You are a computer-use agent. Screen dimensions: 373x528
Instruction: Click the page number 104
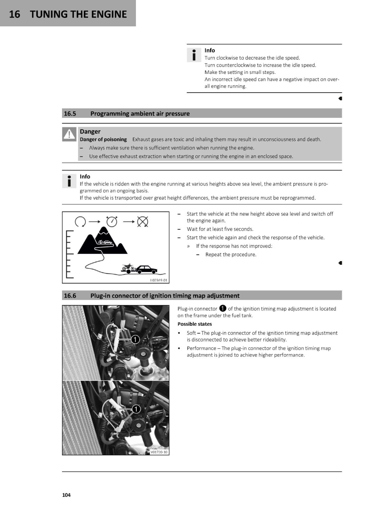(x=66, y=495)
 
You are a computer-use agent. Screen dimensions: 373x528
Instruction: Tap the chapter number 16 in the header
(x=15, y=14)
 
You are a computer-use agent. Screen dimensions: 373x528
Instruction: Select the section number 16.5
(x=70, y=114)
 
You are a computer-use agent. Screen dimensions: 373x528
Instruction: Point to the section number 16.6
(x=70, y=296)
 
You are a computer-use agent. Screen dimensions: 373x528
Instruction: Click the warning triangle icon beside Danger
(x=69, y=134)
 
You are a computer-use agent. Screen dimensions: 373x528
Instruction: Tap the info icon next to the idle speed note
(x=194, y=55)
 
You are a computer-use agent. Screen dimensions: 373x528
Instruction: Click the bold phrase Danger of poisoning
(x=103, y=139)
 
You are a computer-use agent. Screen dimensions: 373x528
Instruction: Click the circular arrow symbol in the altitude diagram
(x=80, y=221)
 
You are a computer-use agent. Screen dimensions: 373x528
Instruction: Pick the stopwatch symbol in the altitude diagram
(x=112, y=221)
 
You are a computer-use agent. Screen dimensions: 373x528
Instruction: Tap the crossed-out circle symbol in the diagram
(x=142, y=221)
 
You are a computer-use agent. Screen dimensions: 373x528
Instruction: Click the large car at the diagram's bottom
(x=146, y=269)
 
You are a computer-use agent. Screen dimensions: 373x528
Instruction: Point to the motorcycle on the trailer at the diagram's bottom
(x=128, y=268)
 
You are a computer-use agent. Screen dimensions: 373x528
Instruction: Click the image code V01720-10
(x=159, y=452)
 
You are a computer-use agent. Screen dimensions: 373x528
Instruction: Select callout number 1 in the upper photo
(x=135, y=340)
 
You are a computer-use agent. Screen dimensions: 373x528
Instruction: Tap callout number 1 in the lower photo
(x=136, y=409)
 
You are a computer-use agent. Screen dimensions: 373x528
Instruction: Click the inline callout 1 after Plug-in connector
(x=222, y=308)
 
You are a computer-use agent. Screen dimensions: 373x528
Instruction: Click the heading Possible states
(x=195, y=324)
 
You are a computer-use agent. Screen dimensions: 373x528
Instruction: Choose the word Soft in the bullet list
(x=191, y=333)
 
